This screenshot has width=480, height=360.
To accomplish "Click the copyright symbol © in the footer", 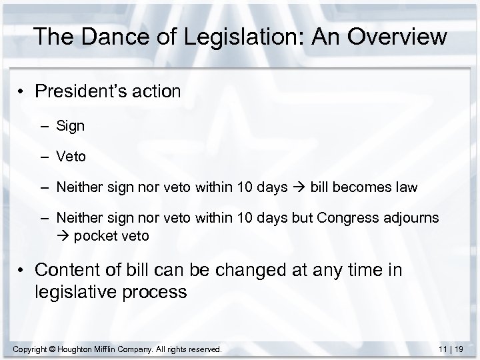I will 57,349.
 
